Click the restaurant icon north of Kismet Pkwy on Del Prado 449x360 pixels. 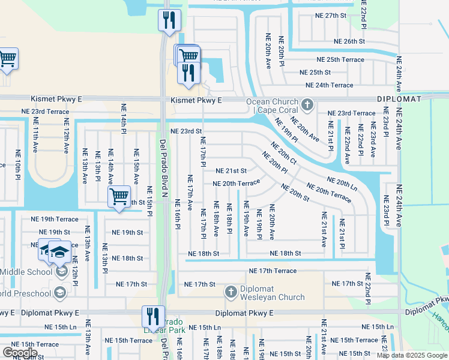[x=169, y=20]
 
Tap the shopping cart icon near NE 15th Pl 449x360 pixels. [x=119, y=196]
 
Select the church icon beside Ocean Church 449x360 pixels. [x=307, y=106]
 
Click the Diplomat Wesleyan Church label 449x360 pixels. [x=273, y=293]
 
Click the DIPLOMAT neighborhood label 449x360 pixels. [x=399, y=98]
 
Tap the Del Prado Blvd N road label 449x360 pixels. [x=163, y=167]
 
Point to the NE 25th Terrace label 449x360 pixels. [x=340, y=59]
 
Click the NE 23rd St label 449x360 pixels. [x=186, y=131]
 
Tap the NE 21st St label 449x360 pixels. [x=231, y=171]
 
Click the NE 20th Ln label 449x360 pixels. [x=342, y=183]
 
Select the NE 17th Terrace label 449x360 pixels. [x=273, y=271]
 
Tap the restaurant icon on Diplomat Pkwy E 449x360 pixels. [x=152, y=316]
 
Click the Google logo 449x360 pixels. [x=20, y=353]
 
